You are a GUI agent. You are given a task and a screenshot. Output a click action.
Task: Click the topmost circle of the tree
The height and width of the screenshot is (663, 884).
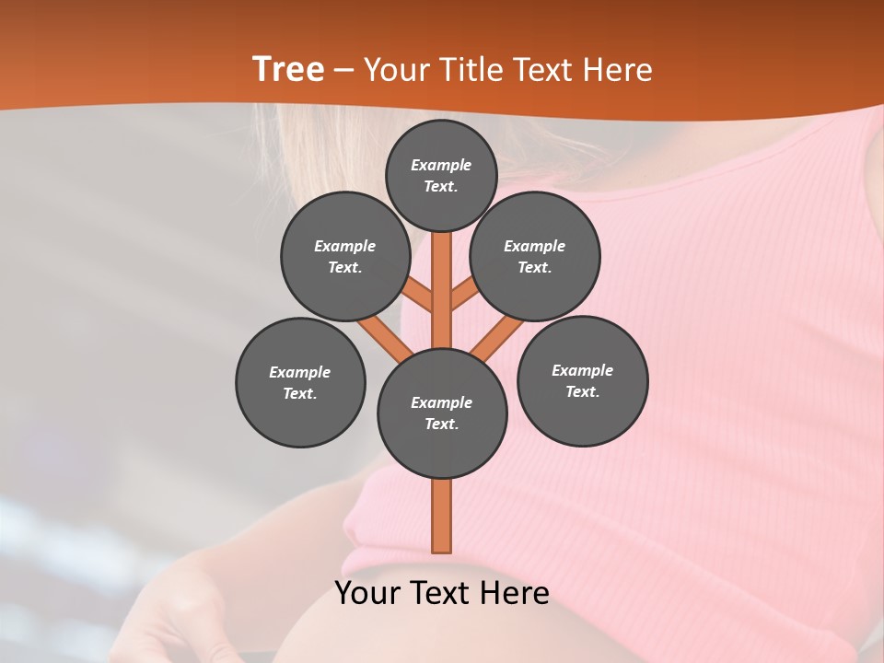(441, 175)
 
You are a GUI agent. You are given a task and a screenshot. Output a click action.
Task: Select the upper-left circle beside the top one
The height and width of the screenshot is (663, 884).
(344, 256)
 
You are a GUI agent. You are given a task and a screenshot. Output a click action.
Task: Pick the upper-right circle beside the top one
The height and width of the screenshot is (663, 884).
(535, 256)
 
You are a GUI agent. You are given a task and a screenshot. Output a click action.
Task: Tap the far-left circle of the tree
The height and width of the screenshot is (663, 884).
(300, 382)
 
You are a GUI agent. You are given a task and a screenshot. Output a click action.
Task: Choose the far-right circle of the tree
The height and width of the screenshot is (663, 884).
(582, 380)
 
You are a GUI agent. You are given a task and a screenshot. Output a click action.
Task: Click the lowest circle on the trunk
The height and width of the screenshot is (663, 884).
(442, 413)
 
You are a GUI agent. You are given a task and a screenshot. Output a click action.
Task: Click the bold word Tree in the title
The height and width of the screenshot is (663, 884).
(288, 70)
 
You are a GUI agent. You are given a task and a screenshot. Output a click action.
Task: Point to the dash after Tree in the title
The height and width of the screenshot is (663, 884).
(343, 70)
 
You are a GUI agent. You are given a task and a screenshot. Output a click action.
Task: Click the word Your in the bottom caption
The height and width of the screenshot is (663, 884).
(367, 593)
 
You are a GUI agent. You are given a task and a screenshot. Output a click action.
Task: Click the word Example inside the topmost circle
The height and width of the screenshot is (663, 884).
(441, 165)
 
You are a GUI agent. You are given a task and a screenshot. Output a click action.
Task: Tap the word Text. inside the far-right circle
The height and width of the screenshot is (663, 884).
(582, 391)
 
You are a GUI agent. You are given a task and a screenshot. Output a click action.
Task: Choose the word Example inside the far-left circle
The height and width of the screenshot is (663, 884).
(300, 372)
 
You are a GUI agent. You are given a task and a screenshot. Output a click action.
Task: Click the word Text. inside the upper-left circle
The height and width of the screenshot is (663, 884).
(344, 267)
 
